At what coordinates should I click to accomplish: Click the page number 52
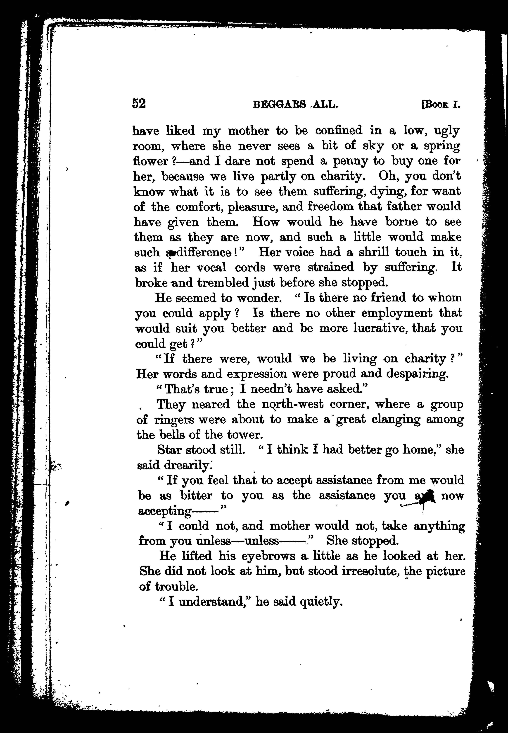click(139, 104)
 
